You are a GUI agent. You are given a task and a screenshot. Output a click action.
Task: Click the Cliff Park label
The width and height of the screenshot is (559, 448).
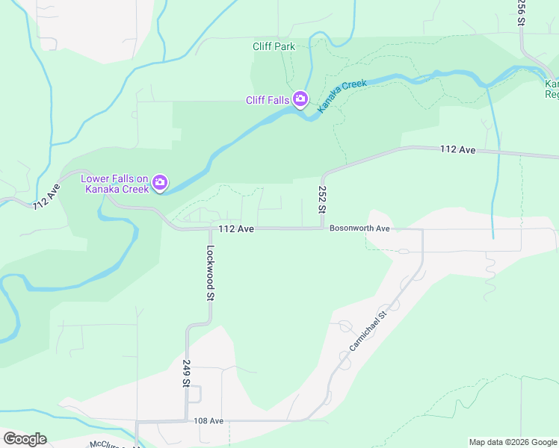pos(274,46)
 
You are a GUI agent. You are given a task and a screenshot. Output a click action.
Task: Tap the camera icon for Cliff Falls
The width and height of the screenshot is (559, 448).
pos(300,99)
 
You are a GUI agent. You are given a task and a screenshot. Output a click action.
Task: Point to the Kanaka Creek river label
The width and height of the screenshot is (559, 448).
pos(342,96)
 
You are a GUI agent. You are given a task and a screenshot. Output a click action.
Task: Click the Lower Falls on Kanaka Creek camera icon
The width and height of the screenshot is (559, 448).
pos(160,182)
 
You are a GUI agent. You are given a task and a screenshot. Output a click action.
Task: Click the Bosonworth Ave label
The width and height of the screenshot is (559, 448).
pos(360,228)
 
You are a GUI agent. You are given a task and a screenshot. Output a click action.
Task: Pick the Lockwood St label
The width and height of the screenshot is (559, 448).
pos(211,273)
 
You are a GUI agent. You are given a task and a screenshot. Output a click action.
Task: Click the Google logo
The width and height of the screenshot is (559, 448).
pos(25,438)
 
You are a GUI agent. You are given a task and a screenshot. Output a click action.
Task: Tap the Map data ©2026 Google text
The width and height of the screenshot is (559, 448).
pos(513,442)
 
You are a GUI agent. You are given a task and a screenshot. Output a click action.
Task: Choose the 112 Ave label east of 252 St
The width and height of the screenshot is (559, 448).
pos(457,150)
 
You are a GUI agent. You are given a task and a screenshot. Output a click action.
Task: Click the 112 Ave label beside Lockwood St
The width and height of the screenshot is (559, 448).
pos(237,228)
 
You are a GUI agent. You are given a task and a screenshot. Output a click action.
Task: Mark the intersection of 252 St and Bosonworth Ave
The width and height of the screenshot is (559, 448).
pos(322,228)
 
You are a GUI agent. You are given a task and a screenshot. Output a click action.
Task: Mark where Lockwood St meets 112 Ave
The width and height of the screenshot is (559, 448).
pos(210,229)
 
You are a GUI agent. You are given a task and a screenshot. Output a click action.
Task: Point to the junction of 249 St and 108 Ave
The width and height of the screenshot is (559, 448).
pos(187,421)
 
